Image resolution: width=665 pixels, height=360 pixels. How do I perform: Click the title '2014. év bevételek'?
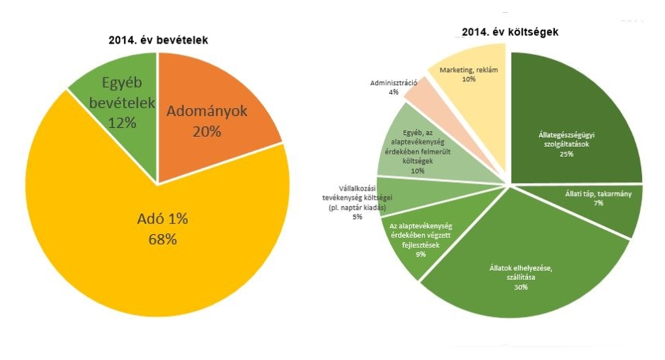click(x=158, y=40)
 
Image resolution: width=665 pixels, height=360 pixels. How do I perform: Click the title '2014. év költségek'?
click(x=511, y=32)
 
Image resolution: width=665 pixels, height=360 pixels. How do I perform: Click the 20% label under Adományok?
click(x=207, y=132)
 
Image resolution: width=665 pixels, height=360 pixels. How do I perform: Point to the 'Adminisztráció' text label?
click(x=394, y=83)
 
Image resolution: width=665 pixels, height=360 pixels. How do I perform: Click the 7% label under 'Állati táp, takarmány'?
click(x=599, y=204)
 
